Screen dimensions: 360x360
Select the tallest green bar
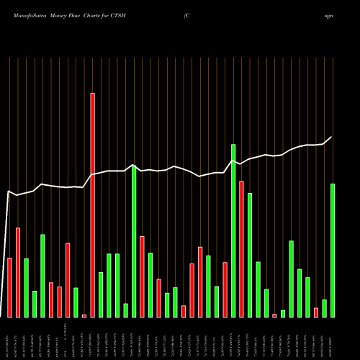point(233,230)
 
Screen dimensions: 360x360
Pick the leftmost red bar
point(9,287)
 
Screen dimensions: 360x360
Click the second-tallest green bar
point(134,241)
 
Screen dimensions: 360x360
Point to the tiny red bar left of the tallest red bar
point(84,315)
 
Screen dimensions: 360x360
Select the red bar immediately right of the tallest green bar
point(241,249)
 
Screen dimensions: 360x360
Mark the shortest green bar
point(283,313)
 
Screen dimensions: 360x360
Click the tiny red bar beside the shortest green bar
point(274,315)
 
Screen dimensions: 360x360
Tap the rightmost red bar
point(316,312)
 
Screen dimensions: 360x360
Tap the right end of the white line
point(332,137)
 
